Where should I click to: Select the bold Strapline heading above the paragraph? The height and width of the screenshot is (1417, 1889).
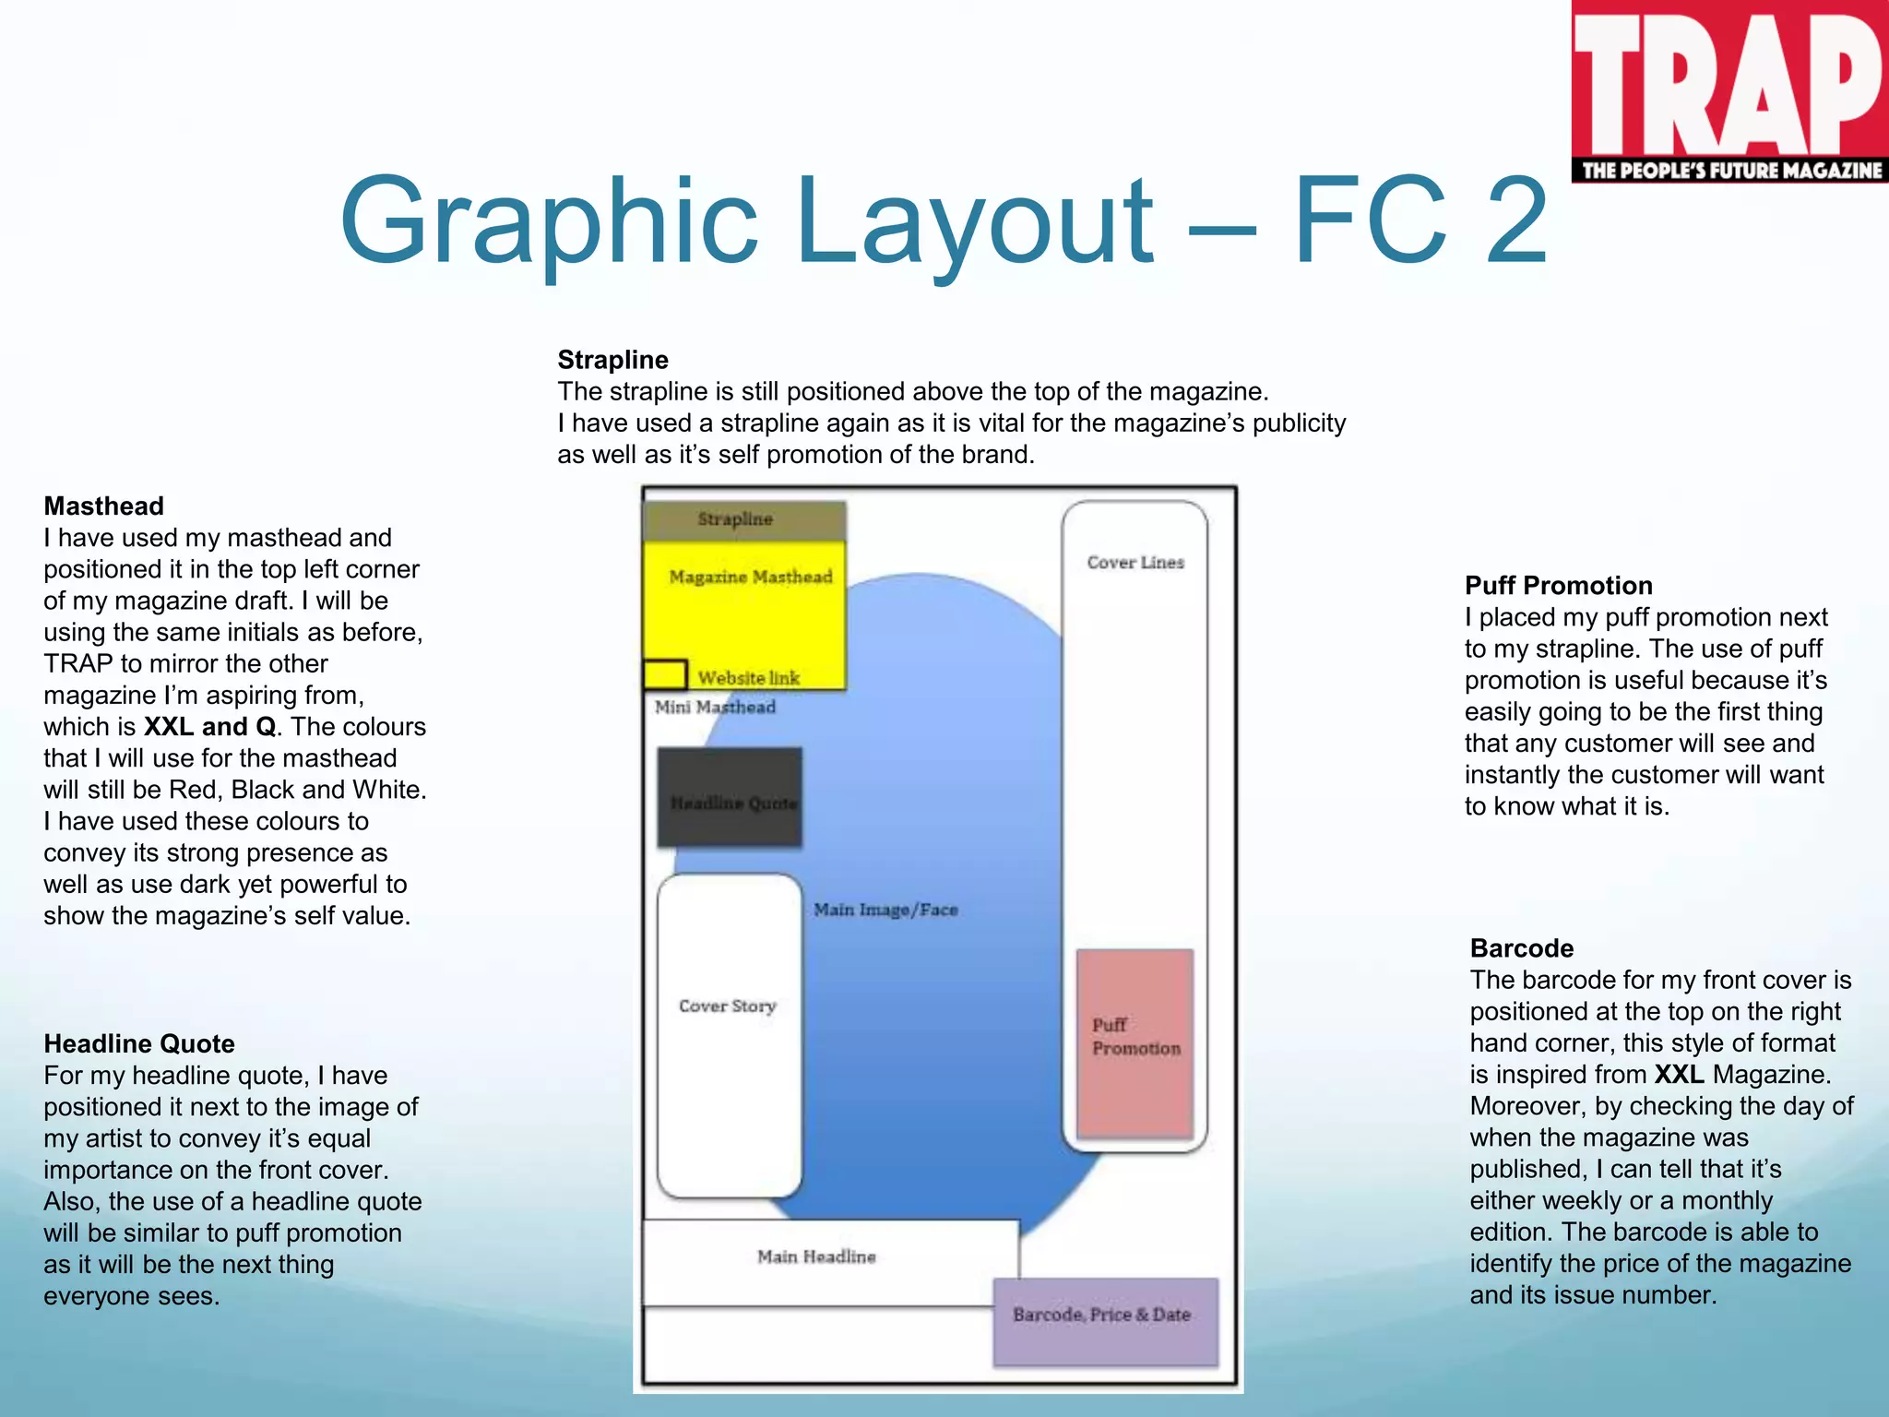(x=612, y=360)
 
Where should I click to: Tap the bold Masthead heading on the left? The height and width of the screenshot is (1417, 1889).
(x=103, y=506)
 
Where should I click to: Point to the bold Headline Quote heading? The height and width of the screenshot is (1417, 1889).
(x=139, y=1043)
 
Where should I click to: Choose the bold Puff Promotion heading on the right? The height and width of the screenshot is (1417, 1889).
(x=1558, y=585)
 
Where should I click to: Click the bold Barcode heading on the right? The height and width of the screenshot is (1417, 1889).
(x=1521, y=947)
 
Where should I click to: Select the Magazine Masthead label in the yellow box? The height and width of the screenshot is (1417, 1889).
(x=750, y=578)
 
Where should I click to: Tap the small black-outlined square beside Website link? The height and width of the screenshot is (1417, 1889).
(x=664, y=674)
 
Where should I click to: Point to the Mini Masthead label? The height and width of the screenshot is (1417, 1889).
(x=715, y=708)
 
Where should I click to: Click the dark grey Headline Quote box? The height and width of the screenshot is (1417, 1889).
(x=730, y=798)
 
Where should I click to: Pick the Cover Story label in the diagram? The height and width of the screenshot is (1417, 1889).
(x=727, y=1006)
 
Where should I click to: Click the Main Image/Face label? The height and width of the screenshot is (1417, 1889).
(x=885, y=910)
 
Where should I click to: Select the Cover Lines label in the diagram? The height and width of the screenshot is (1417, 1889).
(x=1135, y=562)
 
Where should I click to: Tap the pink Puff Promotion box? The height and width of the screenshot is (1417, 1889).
(x=1135, y=1042)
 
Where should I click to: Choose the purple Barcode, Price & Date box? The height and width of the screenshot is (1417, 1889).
(x=1105, y=1321)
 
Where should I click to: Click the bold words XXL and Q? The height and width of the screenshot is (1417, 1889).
(x=210, y=726)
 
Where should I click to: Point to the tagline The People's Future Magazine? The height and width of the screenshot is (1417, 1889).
(x=1731, y=170)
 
